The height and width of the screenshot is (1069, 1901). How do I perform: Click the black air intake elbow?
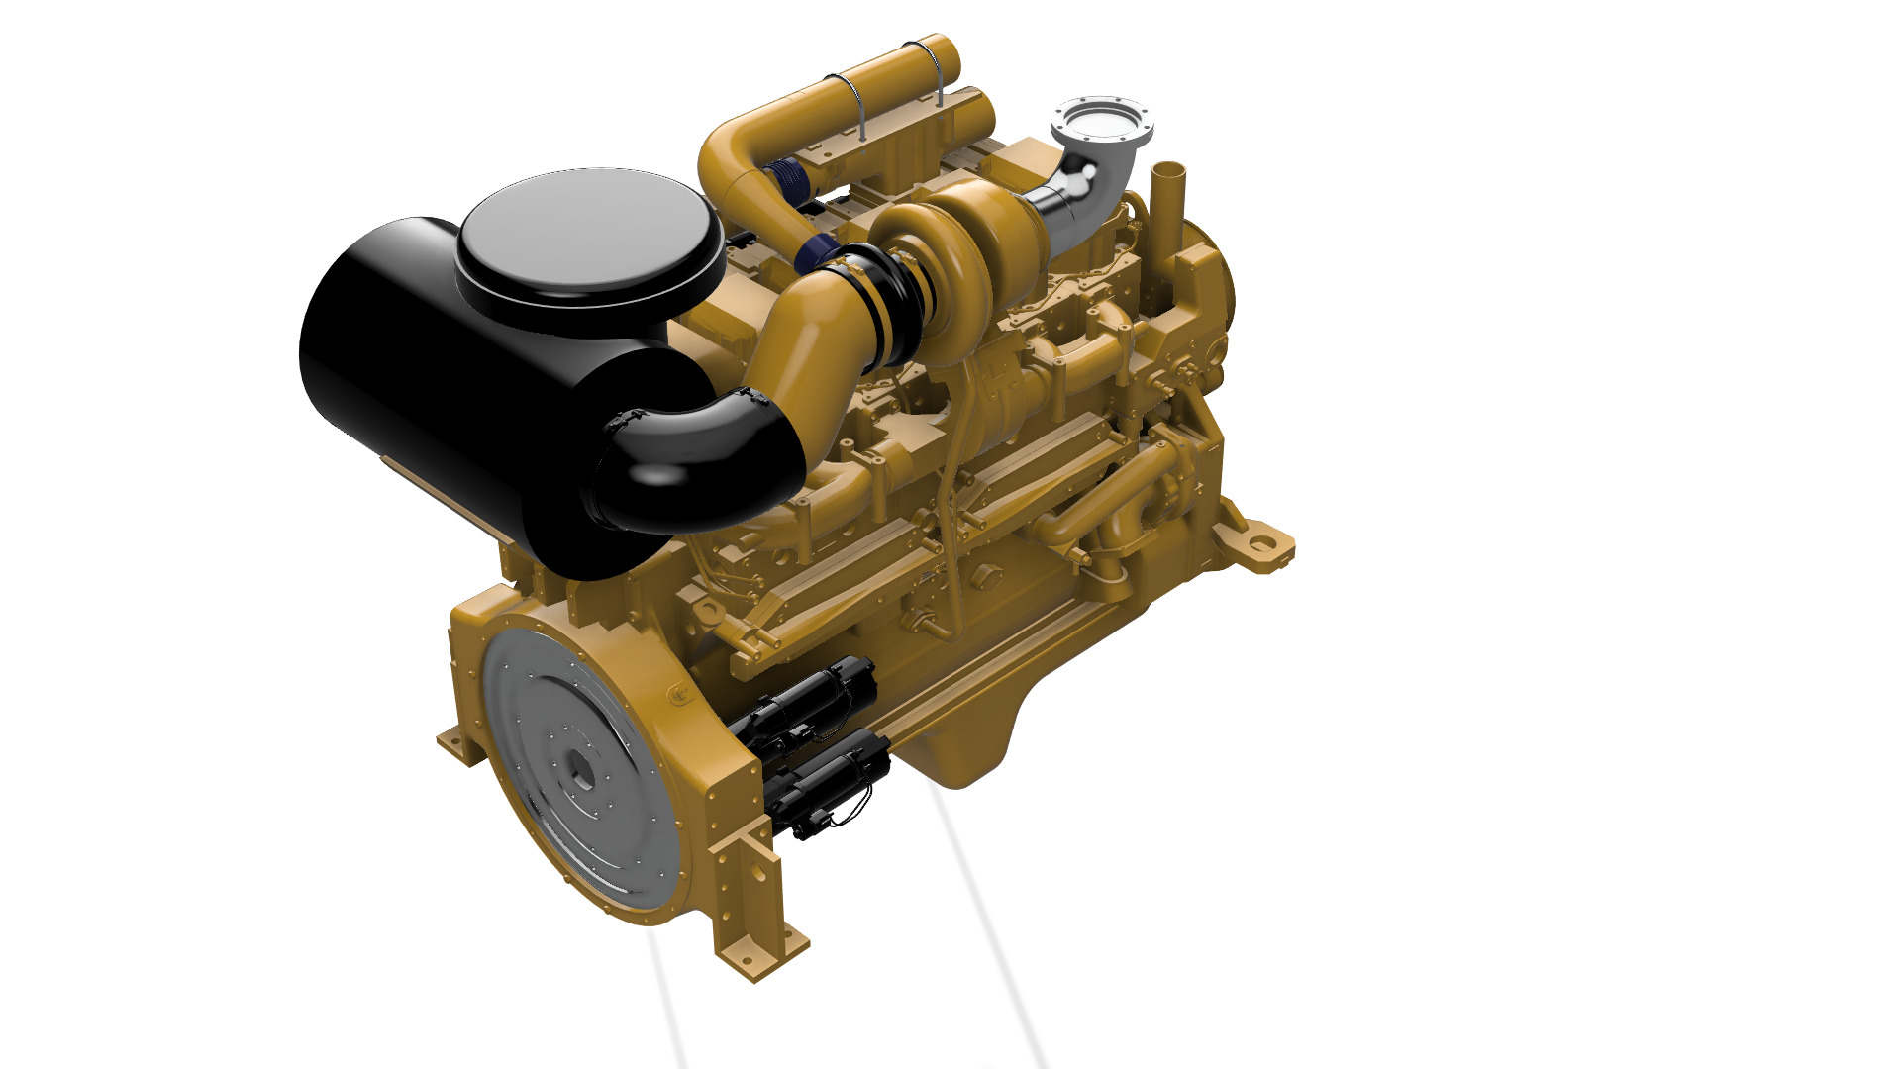point(693,465)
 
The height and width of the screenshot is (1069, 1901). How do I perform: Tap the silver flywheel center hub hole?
point(581,766)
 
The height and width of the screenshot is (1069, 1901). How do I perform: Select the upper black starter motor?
point(807,698)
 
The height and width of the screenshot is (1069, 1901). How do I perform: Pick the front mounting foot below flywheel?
point(762,945)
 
